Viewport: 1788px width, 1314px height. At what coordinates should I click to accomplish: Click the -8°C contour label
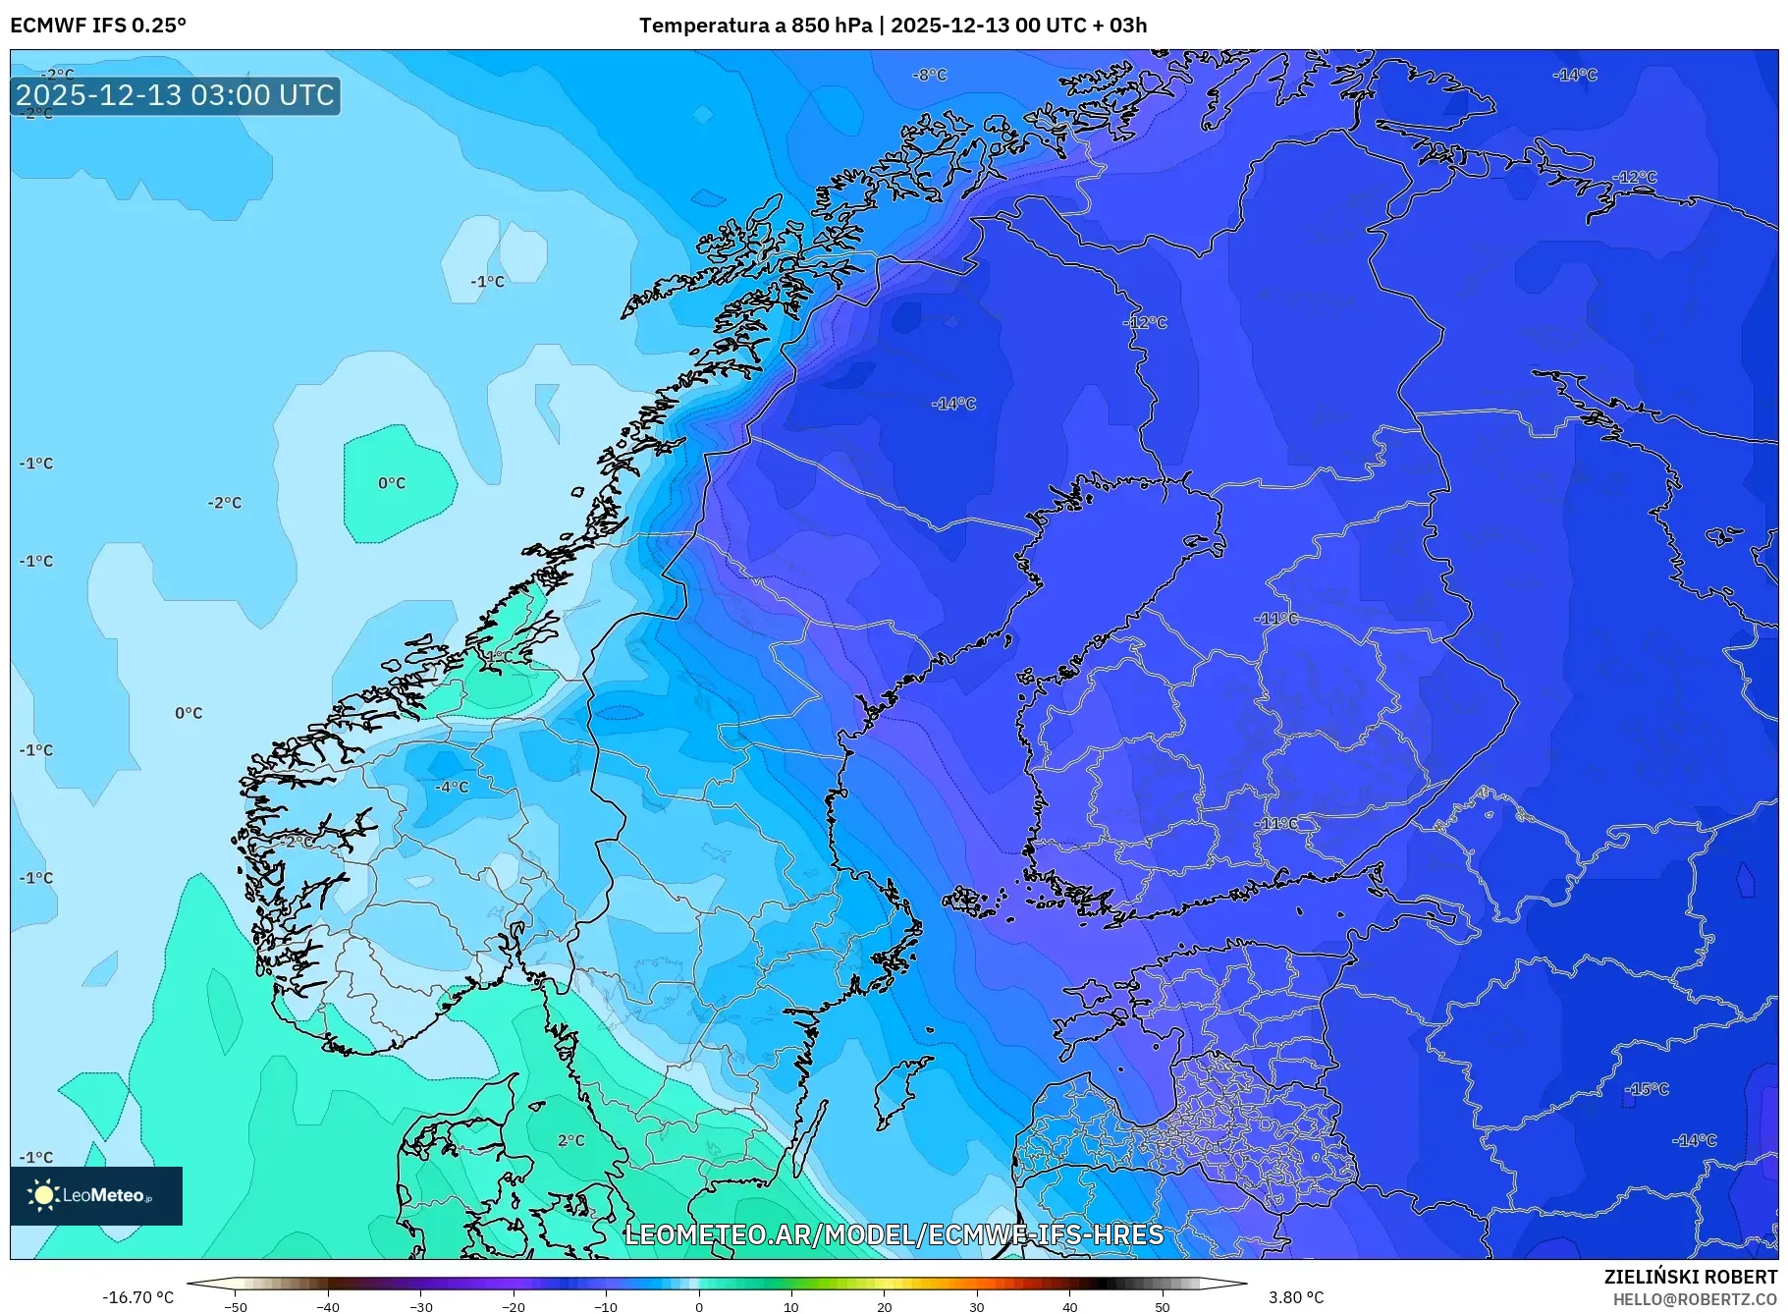pos(929,75)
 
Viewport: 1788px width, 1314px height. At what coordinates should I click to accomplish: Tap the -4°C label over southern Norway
pos(452,787)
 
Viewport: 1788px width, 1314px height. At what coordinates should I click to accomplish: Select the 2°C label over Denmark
pos(570,1140)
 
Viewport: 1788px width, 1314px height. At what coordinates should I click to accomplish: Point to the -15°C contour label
pos(1647,1089)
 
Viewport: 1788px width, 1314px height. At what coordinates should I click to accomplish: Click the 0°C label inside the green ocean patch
pos(392,483)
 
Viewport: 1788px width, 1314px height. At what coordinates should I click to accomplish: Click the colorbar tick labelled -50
pos(236,1306)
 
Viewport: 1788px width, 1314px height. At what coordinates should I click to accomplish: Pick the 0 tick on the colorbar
pos(699,1306)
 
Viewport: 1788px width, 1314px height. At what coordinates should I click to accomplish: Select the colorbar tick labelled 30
pos(977,1306)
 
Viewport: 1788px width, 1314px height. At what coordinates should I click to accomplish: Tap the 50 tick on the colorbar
pos(1163,1306)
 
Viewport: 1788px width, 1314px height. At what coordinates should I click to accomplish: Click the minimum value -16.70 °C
pos(137,1297)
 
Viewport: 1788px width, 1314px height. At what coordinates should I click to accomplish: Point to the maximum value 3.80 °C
pos(1296,1297)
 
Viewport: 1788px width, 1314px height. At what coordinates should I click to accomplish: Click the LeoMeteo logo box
pos(96,1195)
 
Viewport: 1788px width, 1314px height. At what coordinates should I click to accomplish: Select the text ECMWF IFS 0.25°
pos(97,25)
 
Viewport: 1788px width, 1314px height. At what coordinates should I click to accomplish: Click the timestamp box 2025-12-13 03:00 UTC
pos(176,95)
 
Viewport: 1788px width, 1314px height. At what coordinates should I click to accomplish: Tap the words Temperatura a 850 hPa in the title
pos(755,25)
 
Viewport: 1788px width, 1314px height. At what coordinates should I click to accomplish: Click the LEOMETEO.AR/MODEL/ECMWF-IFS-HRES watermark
pos(894,1234)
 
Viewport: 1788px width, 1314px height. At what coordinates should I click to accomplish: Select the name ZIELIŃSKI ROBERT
pos(1690,1277)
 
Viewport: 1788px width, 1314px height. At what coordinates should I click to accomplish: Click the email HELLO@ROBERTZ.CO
pos(1695,1299)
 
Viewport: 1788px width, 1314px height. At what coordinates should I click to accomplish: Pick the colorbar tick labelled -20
pos(514,1306)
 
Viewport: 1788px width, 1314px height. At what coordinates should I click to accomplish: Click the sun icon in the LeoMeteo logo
pos(43,1195)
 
